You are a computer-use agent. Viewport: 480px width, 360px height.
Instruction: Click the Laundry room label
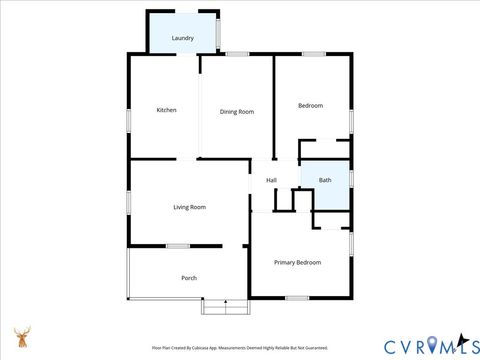point(182,38)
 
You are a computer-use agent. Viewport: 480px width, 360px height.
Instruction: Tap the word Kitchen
point(166,110)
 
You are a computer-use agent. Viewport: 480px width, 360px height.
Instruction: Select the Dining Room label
point(237,112)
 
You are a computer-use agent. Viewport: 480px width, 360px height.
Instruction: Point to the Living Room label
point(189,207)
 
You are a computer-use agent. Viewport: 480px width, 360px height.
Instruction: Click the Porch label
point(188,278)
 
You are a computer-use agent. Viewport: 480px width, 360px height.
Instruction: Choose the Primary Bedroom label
point(298,262)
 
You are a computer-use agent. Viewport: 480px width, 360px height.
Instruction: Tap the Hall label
point(271,180)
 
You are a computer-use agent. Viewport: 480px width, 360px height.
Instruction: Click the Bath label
point(325,180)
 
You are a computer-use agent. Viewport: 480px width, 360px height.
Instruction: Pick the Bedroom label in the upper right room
point(310,105)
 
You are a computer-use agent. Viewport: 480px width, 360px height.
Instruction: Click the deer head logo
point(21,336)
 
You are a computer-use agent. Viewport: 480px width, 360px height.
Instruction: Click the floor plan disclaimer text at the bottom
point(240,348)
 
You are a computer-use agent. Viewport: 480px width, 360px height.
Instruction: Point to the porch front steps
point(224,307)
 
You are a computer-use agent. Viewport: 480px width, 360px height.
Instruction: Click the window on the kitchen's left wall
point(128,119)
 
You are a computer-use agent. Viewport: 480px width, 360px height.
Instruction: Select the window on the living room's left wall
point(128,201)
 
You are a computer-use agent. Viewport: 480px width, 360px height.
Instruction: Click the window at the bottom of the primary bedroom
point(296,297)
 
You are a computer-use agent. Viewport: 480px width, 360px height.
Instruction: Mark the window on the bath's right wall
point(351,178)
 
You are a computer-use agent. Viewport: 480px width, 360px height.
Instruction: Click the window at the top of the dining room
point(237,53)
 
